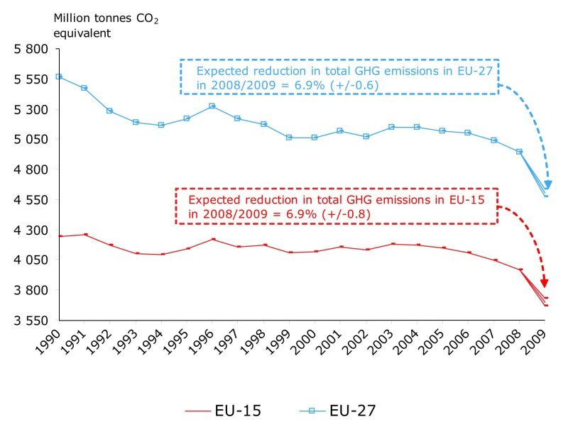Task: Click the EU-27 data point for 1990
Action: tap(59, 77)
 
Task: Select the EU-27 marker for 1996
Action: tap(212, 106)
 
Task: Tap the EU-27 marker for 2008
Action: tap(520, 152)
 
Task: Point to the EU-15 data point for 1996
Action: tap(212, 239)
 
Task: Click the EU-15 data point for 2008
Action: tap(520, 269)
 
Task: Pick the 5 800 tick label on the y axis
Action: tap(31, 50)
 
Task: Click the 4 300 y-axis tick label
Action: tap(31, 230)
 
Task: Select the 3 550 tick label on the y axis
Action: tap(31, 320)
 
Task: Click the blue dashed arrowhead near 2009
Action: tap(548, 186)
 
